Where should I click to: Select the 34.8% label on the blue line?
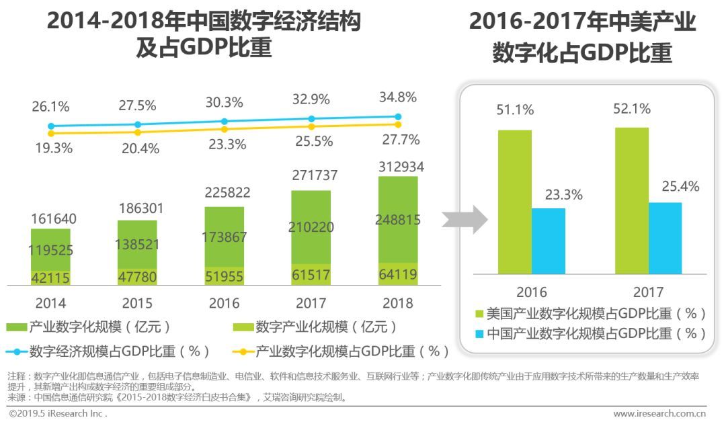(397, 97)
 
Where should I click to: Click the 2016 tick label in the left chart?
(224, 303)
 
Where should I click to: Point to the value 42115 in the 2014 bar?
(50, 278)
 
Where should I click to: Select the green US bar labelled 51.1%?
(515, 202)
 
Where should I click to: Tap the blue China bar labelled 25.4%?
(665, 238)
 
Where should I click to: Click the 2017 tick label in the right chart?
(648, 292)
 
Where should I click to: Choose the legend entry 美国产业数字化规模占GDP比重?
(590, 314)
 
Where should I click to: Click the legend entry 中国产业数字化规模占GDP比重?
(590, 333)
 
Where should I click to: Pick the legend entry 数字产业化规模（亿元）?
(316, 327)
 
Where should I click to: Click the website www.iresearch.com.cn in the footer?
(659, 413)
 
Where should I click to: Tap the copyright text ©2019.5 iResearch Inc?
(58, 413)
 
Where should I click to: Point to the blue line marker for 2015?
(138, 124)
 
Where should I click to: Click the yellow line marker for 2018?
(398, 124)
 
